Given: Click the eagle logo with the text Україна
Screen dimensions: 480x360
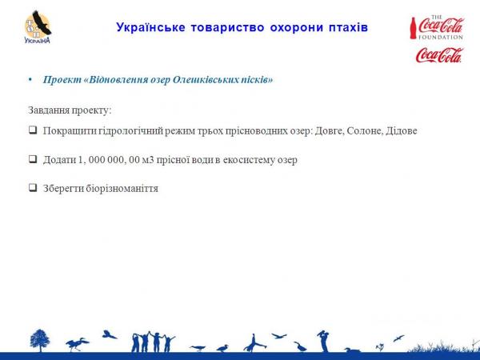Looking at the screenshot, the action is click(x=38, y=27).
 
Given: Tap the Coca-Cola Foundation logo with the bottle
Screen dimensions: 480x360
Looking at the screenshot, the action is click(x=437, y=27).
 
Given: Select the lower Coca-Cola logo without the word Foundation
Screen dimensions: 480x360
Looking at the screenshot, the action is click(x=439, y=55).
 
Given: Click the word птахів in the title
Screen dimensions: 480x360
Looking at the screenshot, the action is click(x=348, y=27).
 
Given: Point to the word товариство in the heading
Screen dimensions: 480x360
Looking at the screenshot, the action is click(x=227, y=27).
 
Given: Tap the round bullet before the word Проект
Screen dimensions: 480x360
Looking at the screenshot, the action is click(x=30, y=80).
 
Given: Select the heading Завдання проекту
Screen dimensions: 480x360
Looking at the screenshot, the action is click(x=70, y=110).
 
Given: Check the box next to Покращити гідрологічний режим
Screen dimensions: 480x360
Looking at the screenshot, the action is click(x=33, y=130).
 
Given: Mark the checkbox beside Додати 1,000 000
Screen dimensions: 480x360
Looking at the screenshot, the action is click(x=33, y=159).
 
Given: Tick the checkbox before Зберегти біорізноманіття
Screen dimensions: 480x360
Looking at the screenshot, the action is click(x=33, y=187).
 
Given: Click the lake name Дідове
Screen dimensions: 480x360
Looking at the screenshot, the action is click(x=402, y=130).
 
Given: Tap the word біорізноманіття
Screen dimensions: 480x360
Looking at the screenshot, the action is click(x=122, y=188).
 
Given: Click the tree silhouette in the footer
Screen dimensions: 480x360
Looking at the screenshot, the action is click(x=40, y=341).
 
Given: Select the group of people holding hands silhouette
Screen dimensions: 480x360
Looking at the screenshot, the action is click(x=154, y=342).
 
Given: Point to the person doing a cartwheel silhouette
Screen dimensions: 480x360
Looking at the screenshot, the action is click(x=254, y=343).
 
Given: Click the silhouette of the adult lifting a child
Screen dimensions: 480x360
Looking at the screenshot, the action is click(x=323, y=341).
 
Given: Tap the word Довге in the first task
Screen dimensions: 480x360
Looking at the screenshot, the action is click(x=330, y=130).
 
